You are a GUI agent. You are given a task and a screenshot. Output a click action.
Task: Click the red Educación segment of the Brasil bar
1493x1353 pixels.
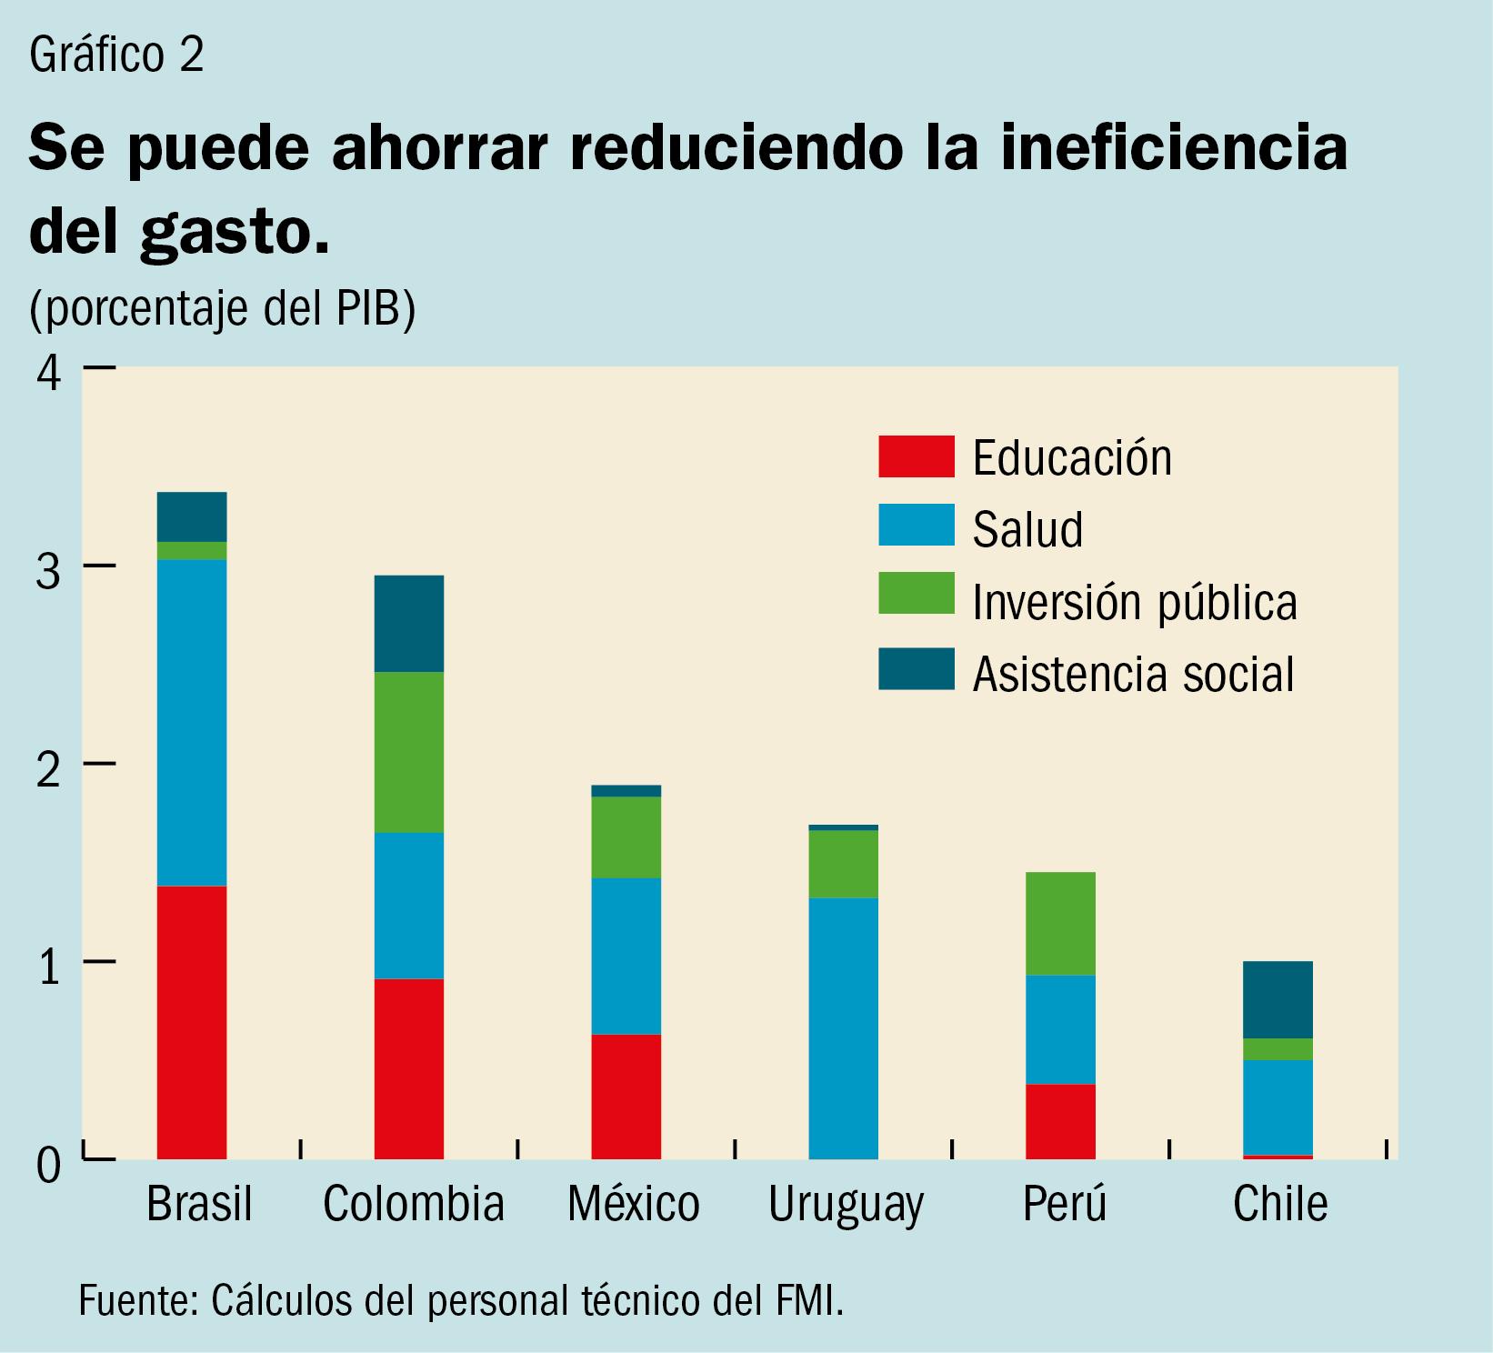192,1022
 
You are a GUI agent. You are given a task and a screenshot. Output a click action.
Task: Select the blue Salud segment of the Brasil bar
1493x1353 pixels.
192,722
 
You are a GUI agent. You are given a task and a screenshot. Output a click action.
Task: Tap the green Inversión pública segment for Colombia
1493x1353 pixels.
409,752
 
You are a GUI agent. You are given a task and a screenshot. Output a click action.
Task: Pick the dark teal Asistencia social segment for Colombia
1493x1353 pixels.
409,624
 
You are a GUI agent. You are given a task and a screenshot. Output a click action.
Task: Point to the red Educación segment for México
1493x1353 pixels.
626,1096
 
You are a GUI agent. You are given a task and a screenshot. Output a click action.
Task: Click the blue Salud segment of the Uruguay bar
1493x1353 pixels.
844,1027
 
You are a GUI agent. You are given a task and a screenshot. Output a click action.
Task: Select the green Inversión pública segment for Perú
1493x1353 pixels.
1060,923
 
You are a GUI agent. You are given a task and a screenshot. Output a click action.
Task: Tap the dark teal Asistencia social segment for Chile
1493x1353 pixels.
1278,999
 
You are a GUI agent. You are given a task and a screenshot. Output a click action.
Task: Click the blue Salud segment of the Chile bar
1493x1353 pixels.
1278,1107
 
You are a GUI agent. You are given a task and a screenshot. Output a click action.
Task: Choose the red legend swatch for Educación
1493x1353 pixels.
916,456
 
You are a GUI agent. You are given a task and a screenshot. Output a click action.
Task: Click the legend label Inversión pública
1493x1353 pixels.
1135,602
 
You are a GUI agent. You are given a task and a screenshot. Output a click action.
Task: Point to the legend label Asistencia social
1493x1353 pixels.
1133,674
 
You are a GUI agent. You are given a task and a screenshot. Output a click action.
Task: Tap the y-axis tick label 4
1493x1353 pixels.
49,373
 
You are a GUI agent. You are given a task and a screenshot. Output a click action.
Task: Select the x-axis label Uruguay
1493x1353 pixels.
846,1205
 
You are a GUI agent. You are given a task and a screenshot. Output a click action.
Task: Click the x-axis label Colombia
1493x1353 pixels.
414,1204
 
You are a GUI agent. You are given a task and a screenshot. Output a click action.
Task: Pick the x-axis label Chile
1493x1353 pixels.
1280,1204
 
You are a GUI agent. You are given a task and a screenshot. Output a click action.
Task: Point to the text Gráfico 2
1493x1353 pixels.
116,55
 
